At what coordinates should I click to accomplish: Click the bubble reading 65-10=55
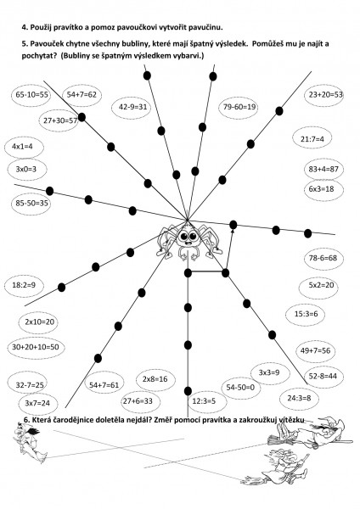31,95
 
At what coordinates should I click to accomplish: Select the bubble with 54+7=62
82,95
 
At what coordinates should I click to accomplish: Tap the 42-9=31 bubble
133,107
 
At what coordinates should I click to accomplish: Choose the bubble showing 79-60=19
239,107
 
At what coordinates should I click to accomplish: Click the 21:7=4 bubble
312,139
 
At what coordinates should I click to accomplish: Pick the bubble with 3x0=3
26,169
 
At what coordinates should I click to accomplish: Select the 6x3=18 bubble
324,189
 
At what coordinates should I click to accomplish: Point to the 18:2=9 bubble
24,285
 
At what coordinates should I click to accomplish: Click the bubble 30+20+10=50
36,347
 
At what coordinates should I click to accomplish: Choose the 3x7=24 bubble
37,404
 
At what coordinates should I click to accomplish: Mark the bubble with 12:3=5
204,401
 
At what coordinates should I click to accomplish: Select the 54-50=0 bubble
241,388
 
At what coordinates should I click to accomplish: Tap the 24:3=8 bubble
299,399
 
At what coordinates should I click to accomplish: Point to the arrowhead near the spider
233,230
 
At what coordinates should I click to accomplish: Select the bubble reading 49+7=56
315,351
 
